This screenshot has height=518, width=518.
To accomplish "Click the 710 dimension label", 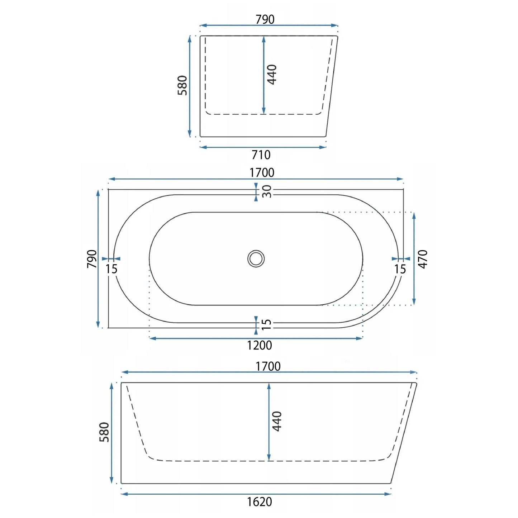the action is click(261, 155).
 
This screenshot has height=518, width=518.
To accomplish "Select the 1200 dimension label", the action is click(260, 345).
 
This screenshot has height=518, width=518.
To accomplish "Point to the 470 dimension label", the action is click(423, 259).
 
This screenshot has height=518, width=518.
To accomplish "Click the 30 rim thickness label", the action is click(267, 191).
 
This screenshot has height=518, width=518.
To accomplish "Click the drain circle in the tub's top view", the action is click(256, 258).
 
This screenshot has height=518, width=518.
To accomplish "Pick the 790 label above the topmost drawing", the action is click(265, 19).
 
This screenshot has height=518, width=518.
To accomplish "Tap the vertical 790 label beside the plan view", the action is click(92, 259).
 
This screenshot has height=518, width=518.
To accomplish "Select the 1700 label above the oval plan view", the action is click(262, 172).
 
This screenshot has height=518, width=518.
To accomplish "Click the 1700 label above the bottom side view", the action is click(268, 366).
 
